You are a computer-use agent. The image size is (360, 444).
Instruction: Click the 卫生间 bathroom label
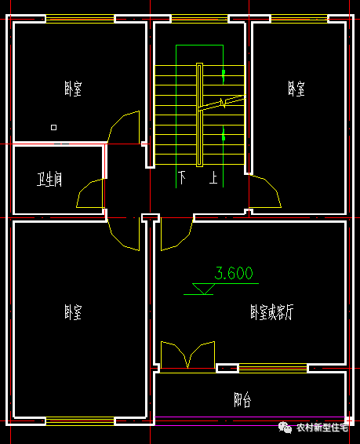tap(49, 179)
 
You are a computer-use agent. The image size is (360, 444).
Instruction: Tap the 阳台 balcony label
tap(242, 399)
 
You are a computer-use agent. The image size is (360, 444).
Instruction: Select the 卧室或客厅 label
tap(272, 312)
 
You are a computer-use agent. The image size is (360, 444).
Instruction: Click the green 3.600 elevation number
tap(234, 273)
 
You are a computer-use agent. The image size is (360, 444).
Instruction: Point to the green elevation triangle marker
tap(203, 289)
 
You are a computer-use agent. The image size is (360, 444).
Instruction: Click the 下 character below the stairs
tap(182, 177)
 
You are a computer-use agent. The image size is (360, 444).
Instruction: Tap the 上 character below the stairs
tap(213, 177)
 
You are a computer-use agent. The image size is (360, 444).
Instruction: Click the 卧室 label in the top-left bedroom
tap(73, 89)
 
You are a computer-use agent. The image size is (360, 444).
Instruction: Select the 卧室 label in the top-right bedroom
tap(296, 89)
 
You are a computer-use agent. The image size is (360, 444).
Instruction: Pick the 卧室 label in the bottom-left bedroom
tap(73, 312)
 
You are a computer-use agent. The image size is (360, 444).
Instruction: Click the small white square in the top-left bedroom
tap(54, 127)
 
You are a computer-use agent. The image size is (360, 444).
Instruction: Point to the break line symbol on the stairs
tap(223, 103)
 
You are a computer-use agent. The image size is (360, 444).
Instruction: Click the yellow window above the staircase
tap(199, 19)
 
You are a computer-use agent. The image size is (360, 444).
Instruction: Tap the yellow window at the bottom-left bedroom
tap(80, 421)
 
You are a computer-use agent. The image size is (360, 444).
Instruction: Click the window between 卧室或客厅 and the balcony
tap(273, 369)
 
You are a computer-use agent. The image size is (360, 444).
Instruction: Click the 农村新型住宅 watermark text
tap(322, 428)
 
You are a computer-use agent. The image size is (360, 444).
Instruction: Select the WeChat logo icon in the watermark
tap(285, 428)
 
